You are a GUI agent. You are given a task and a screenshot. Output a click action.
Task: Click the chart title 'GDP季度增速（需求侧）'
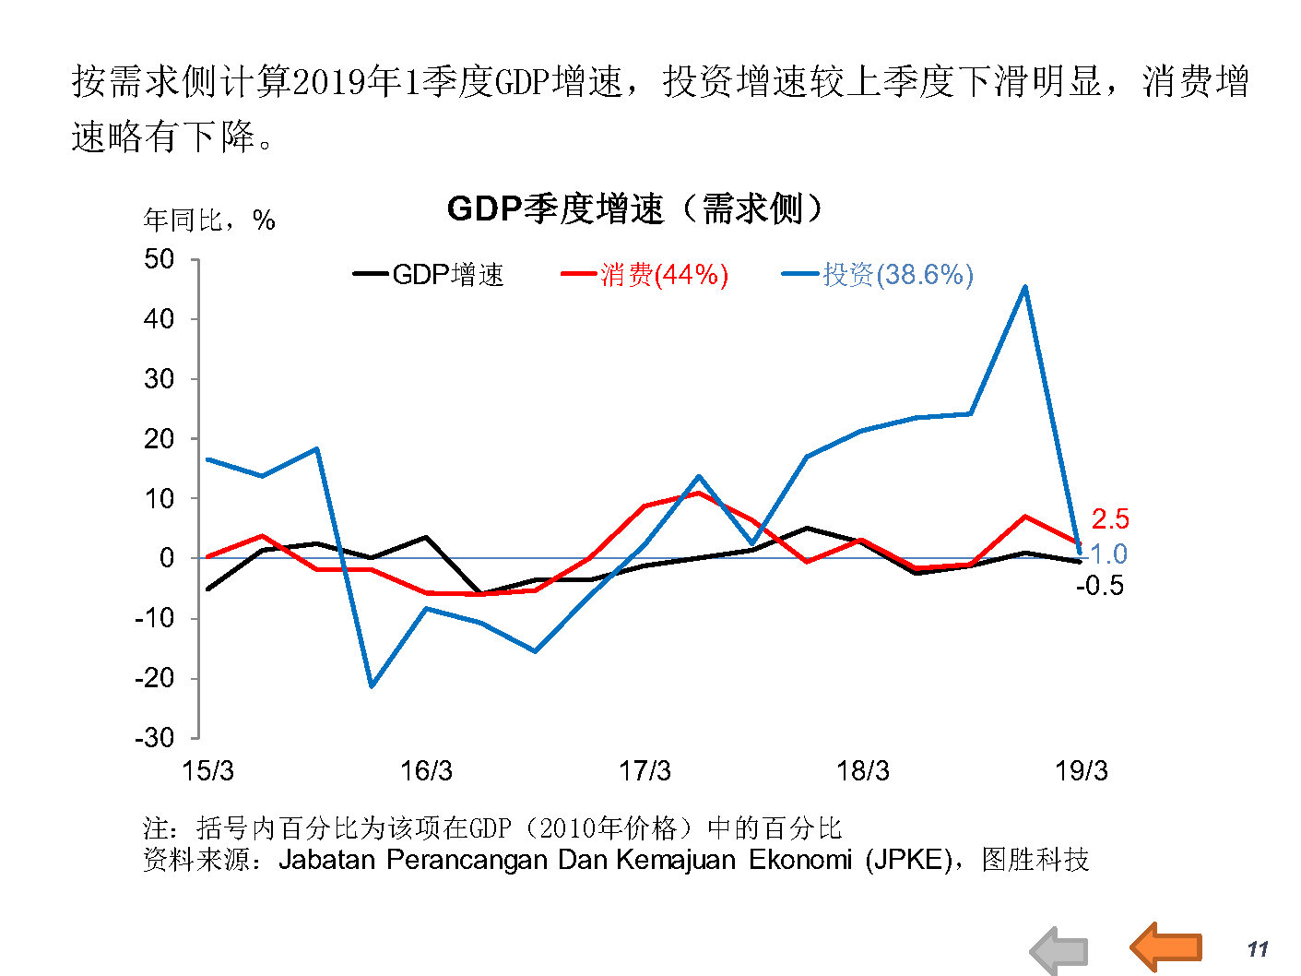tap(634, 208)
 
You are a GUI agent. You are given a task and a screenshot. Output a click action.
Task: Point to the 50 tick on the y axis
tap(159, 259)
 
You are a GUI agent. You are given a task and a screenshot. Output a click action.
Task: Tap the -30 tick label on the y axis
tap(154, 738)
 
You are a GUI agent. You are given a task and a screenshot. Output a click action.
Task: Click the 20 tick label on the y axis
tap(159, 439)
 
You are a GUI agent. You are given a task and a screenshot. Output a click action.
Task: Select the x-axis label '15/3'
tap(207, 771)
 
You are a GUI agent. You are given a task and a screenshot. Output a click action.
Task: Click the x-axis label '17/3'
tap(645, 771)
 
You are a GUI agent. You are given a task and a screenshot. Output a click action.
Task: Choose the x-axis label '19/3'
tap(1082, 771)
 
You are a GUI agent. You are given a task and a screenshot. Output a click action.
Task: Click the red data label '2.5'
tap(1110, 519)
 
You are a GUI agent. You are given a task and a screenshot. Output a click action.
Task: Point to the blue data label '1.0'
tap(1108, 554)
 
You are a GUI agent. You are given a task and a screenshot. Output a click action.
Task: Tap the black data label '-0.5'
tap(1100, 586)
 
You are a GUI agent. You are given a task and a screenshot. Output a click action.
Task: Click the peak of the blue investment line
tap(1025, 287)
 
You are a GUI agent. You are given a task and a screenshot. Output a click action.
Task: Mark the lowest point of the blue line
tap(372, 686)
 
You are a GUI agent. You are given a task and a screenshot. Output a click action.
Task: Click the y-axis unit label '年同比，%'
tap(209, 220)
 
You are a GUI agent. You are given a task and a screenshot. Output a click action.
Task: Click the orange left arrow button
tap(1166, 946)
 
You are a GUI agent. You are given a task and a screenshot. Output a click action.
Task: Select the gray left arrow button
tap(1059, 951)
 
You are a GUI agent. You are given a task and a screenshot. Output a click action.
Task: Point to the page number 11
tap(1258, 949)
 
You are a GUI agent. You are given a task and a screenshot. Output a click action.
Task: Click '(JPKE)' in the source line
tap(908, 860)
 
